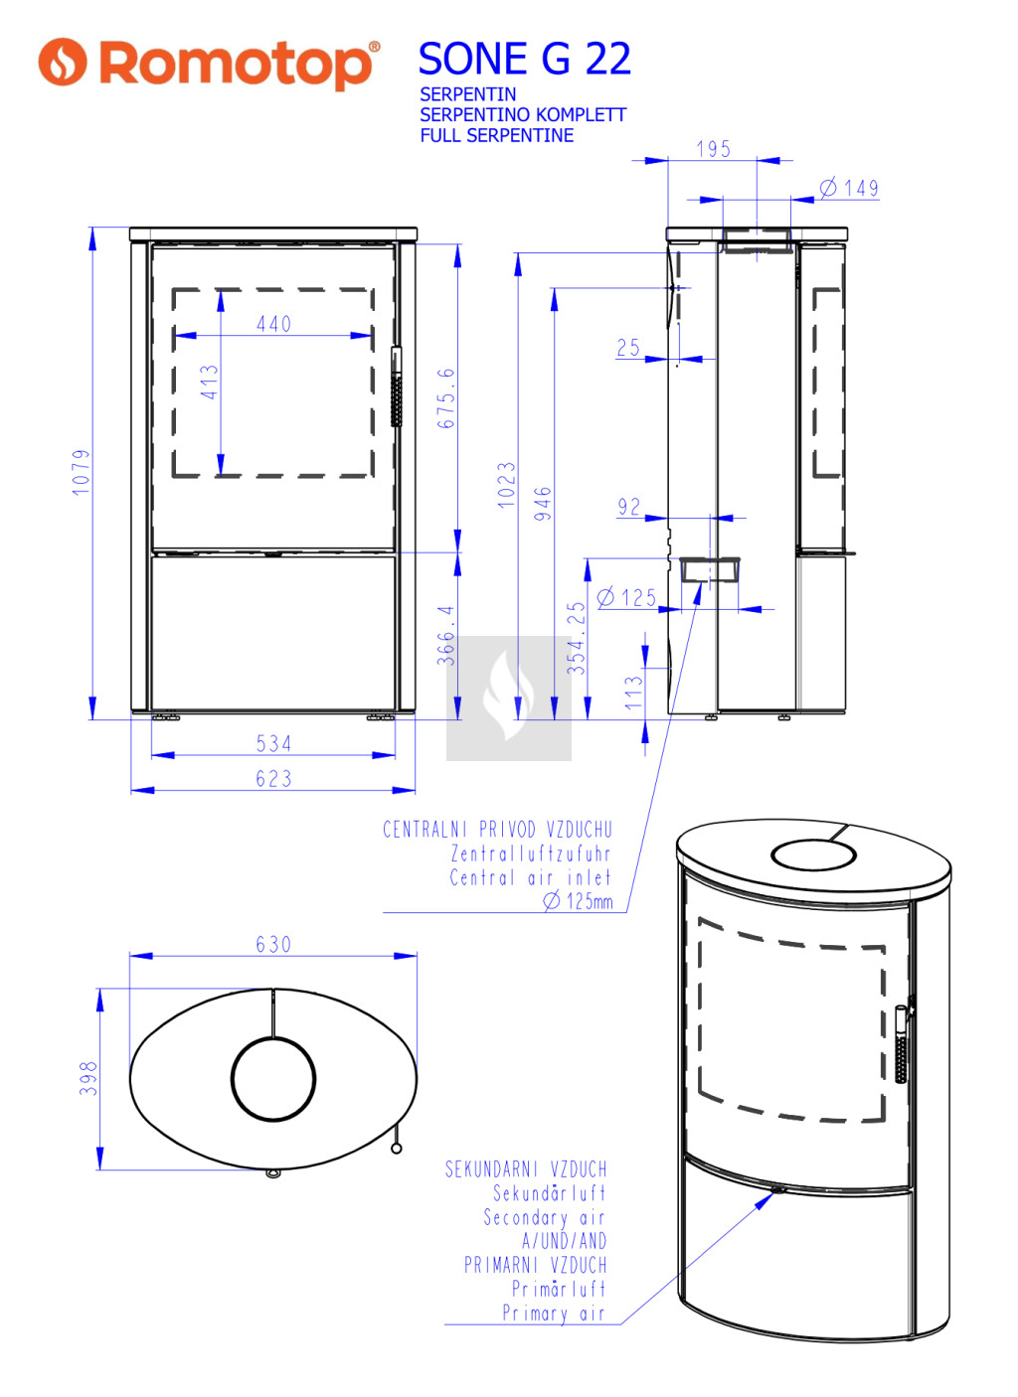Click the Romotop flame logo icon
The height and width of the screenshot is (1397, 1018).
[62, 62]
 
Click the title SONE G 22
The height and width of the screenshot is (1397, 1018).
[524, 60]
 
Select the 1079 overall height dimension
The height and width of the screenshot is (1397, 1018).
[82, 472]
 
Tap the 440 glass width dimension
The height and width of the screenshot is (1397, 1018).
[274, 324]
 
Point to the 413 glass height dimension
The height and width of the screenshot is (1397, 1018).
[210, 382]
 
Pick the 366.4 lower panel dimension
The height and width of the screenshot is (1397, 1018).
[446, 635]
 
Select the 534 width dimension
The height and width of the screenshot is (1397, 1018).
[274, 743]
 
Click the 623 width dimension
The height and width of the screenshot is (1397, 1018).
[274, 778]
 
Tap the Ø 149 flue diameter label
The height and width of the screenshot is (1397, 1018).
[849, 188]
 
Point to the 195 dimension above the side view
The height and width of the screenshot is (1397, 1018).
[714, 149]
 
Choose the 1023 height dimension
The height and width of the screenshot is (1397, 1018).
[507, 485]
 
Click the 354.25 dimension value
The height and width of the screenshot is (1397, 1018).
[577, 637]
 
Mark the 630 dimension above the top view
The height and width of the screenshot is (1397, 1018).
[274, 944]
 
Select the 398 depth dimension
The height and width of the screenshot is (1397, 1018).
[88, 1078]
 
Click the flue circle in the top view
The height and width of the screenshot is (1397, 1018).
[273, 1037]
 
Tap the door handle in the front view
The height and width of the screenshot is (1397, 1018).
[397, 387]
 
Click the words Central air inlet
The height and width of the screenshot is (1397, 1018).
[530, 878]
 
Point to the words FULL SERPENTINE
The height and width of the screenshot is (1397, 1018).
[497, 135]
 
